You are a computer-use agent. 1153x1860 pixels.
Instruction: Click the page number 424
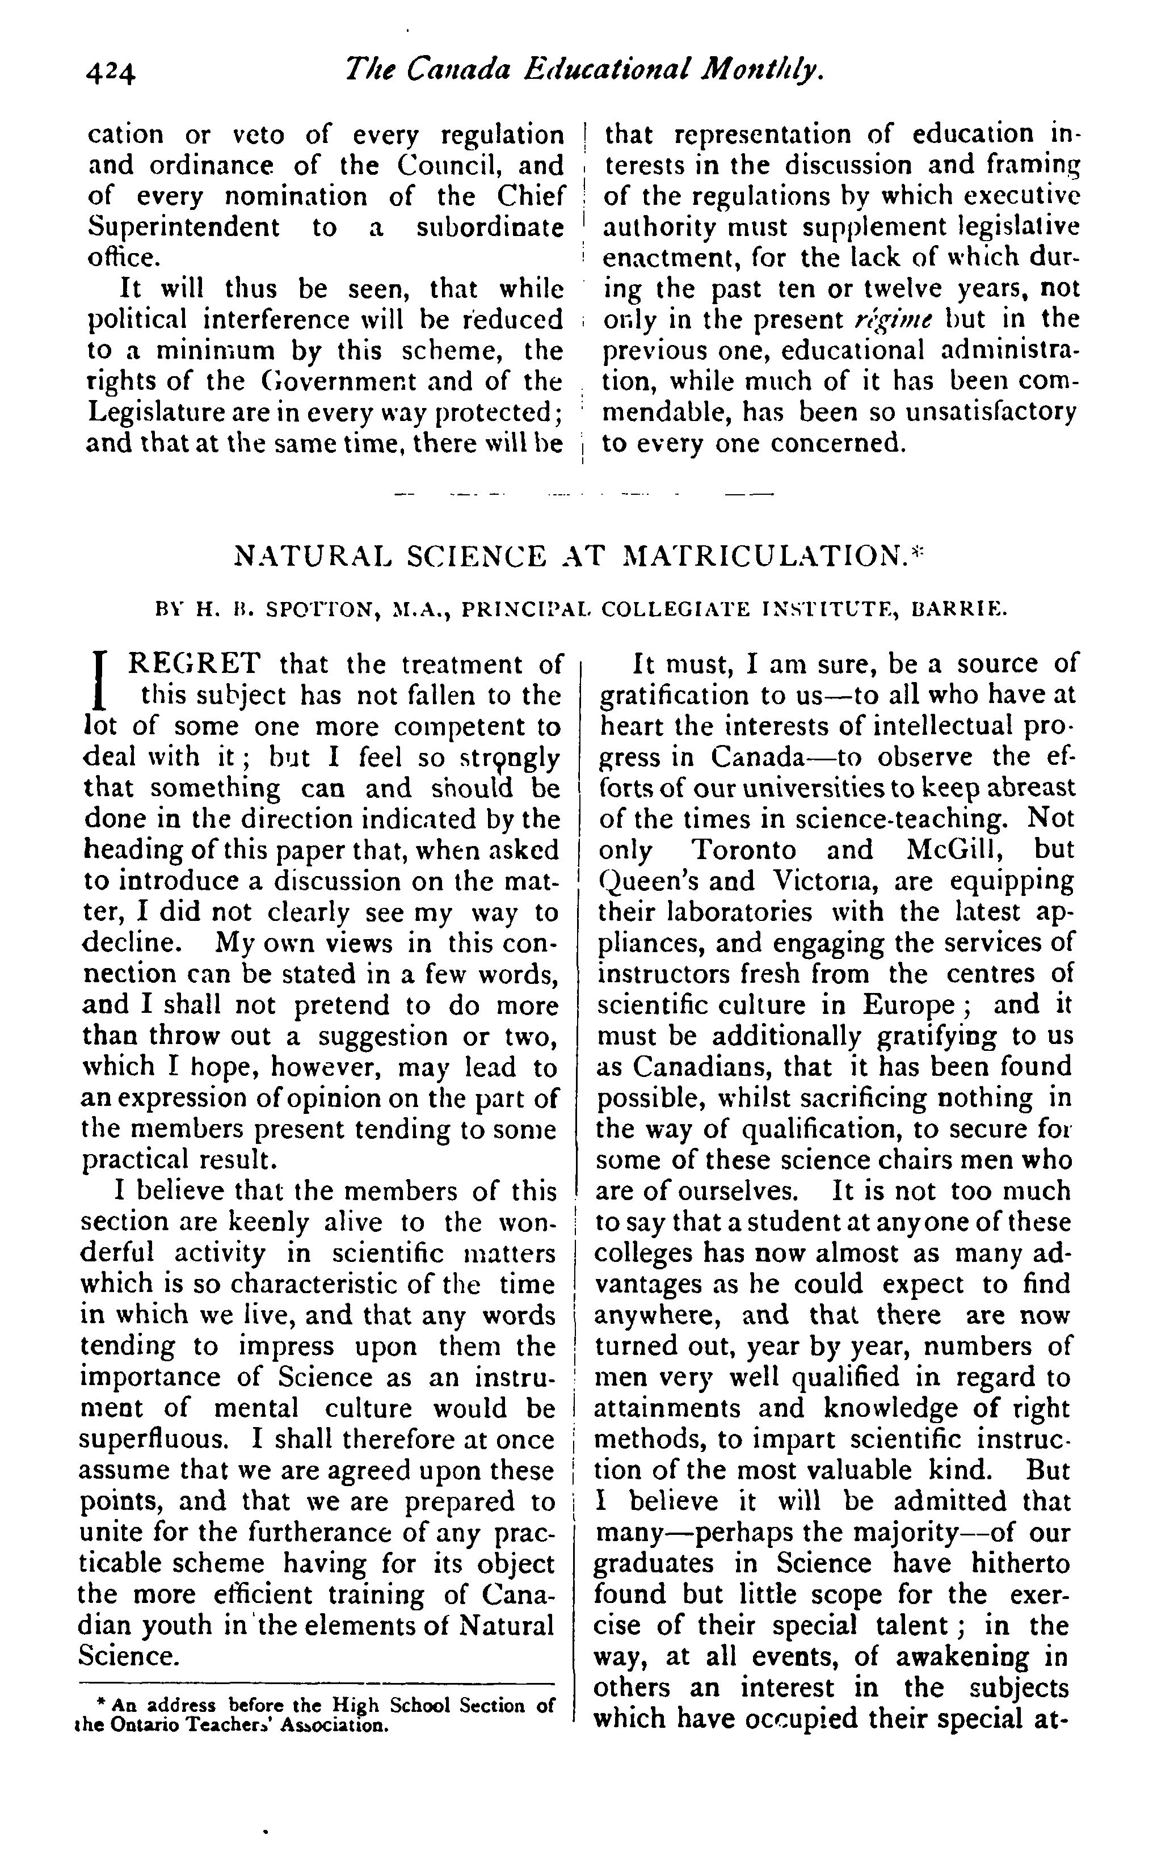[x=111, y=73]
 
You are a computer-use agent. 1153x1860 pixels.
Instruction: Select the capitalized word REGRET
[x=195, y=664]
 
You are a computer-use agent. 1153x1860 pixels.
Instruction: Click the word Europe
[x=907, y=1005]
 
